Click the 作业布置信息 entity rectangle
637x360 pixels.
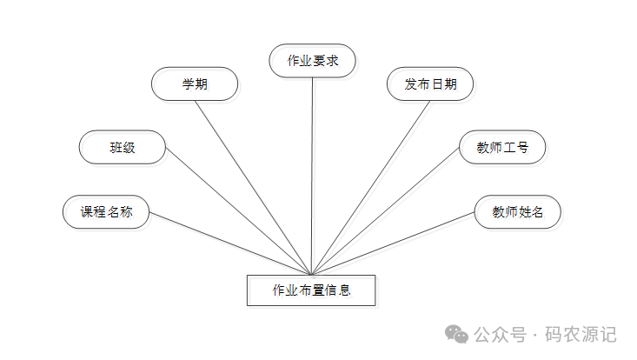pyautogui.click(x=311, y=290)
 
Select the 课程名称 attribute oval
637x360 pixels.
pyautogui.click(x=107, y=211)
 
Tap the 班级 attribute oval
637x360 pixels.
pyautogui.click(x=123, y=147)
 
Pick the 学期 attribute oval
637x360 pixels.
pyautogui.click(x=195, y=83)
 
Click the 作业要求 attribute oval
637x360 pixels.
pyautogui.click(x=312, y=61)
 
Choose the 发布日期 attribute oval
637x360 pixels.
pyautogui.click(x=431, y=84)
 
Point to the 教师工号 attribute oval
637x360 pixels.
pyautogui.click(x=502, y=147)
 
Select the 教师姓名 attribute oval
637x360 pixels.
pyautogui.click(x=518, y=211)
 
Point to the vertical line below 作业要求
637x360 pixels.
pyautogui.click(x=312, y=174)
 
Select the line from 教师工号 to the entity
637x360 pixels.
pyautogui.click(x=386, y=212)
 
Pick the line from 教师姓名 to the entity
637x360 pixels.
pyautogui.click(x=393, y=244)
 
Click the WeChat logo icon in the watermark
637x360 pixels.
pyautogui.click(x=457, y=335)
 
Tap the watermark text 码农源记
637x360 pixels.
pyautogui.click(x=581, y=335)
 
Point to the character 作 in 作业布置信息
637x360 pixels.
pyautogui.click(x=278, y=290)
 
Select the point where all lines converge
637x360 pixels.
pyautogui.click(x=312, y=274)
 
